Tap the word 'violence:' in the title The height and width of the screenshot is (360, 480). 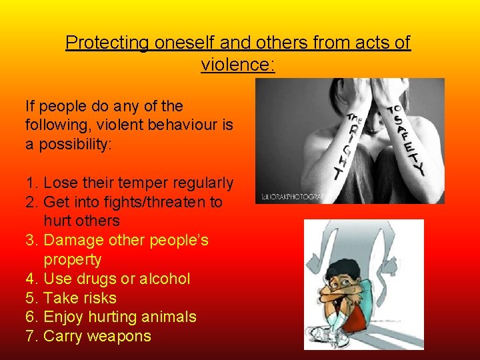click(239, 65)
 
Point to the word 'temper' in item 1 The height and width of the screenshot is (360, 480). click(144, 183)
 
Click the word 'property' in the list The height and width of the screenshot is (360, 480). click(73, 259)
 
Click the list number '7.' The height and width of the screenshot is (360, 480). click(32, 336)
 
